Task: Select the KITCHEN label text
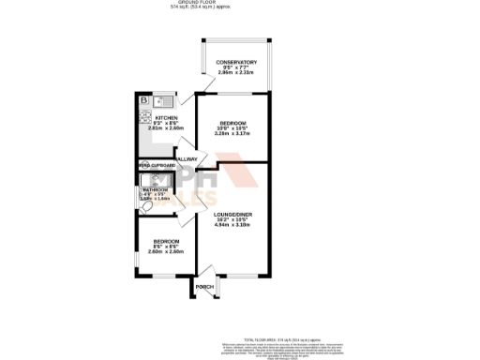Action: point(167,118)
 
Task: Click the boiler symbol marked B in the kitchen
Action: point(144,100)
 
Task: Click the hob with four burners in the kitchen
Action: point(145,117)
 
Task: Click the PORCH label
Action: point(204,287)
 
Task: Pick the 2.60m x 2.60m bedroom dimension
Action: point(165,251)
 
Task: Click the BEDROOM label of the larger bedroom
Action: point(231,123)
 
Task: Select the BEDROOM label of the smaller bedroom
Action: point(165,240)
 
